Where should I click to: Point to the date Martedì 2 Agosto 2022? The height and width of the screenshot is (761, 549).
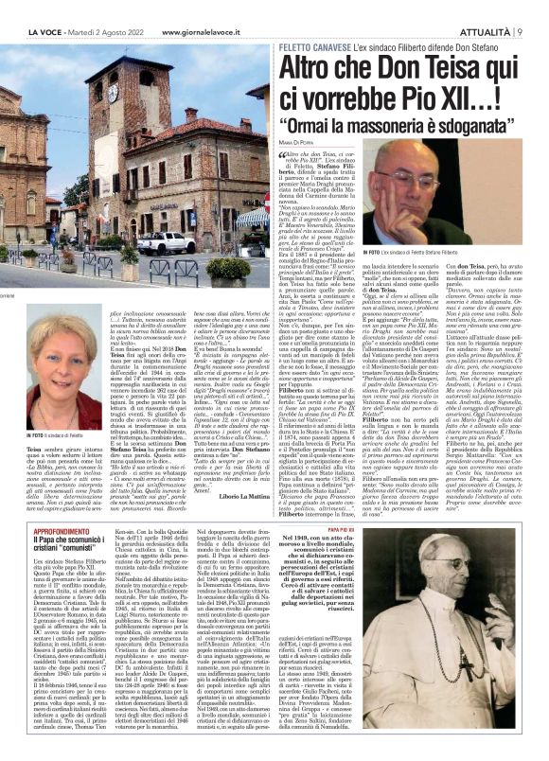tap(108, 9)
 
